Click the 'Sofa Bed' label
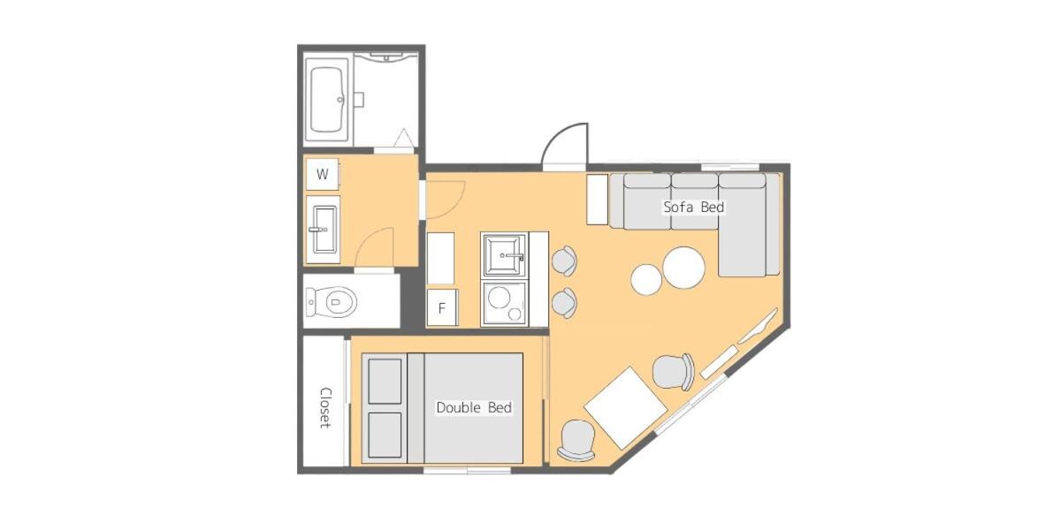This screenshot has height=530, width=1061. pos(693,208)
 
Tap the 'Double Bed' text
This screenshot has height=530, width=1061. pos(474,408)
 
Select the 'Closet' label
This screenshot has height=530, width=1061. pos(325,408)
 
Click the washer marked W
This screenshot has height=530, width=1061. pos(323,174)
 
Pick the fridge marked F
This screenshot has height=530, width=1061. pos(442,308)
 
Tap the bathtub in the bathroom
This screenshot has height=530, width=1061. pos(327,100)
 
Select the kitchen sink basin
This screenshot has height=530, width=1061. pos(505,255)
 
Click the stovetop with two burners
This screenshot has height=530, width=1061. pos(505,302)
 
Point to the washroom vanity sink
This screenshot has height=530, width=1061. pos(324,230)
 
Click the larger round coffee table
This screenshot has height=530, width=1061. pos(683,268)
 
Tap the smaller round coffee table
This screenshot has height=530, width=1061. pos(646,280)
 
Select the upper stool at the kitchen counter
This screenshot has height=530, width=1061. pos(564,261)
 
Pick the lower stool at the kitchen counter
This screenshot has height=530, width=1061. pos(564,303)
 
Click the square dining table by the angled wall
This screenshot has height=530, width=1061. pos(625,408)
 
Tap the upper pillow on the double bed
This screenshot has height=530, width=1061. pos(385,381)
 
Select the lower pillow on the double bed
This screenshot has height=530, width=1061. pos(385,435)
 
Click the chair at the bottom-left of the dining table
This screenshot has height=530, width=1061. pos(576,440)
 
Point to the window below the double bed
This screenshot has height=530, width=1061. pos(467,470)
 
